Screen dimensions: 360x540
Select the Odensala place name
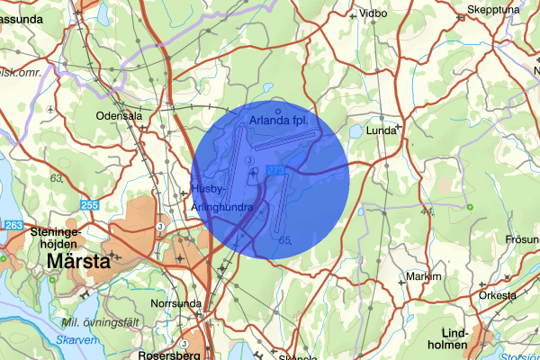point(121,115)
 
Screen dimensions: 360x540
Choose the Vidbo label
point(373,13)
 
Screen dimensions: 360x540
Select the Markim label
point(424,276)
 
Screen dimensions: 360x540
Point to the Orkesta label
point(497,295)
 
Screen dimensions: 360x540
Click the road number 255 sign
point(89,205)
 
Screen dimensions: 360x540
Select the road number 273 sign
point(275,169)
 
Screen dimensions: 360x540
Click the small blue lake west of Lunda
point(355,130)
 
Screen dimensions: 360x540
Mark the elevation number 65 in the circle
point(287,240)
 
